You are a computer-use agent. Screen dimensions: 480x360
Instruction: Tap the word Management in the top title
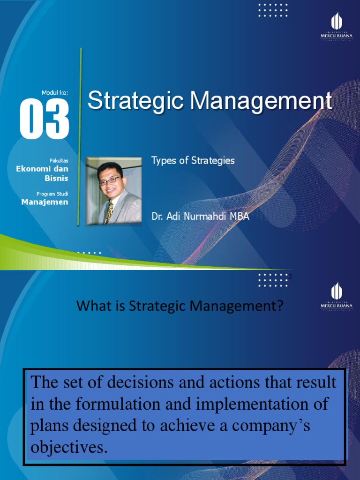point(257,101)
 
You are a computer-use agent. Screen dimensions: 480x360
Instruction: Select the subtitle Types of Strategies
point(193,161)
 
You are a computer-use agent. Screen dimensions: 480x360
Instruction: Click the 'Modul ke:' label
point(55,93)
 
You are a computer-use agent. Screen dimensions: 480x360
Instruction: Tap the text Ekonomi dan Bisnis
point(42,173)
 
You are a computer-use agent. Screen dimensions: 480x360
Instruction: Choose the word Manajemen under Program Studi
point(45,202)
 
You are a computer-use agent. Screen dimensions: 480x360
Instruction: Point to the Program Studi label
point(52,194)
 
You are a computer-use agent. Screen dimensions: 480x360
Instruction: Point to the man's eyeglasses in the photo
point(110,180)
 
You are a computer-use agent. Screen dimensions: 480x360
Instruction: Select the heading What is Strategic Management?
point(180,307)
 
